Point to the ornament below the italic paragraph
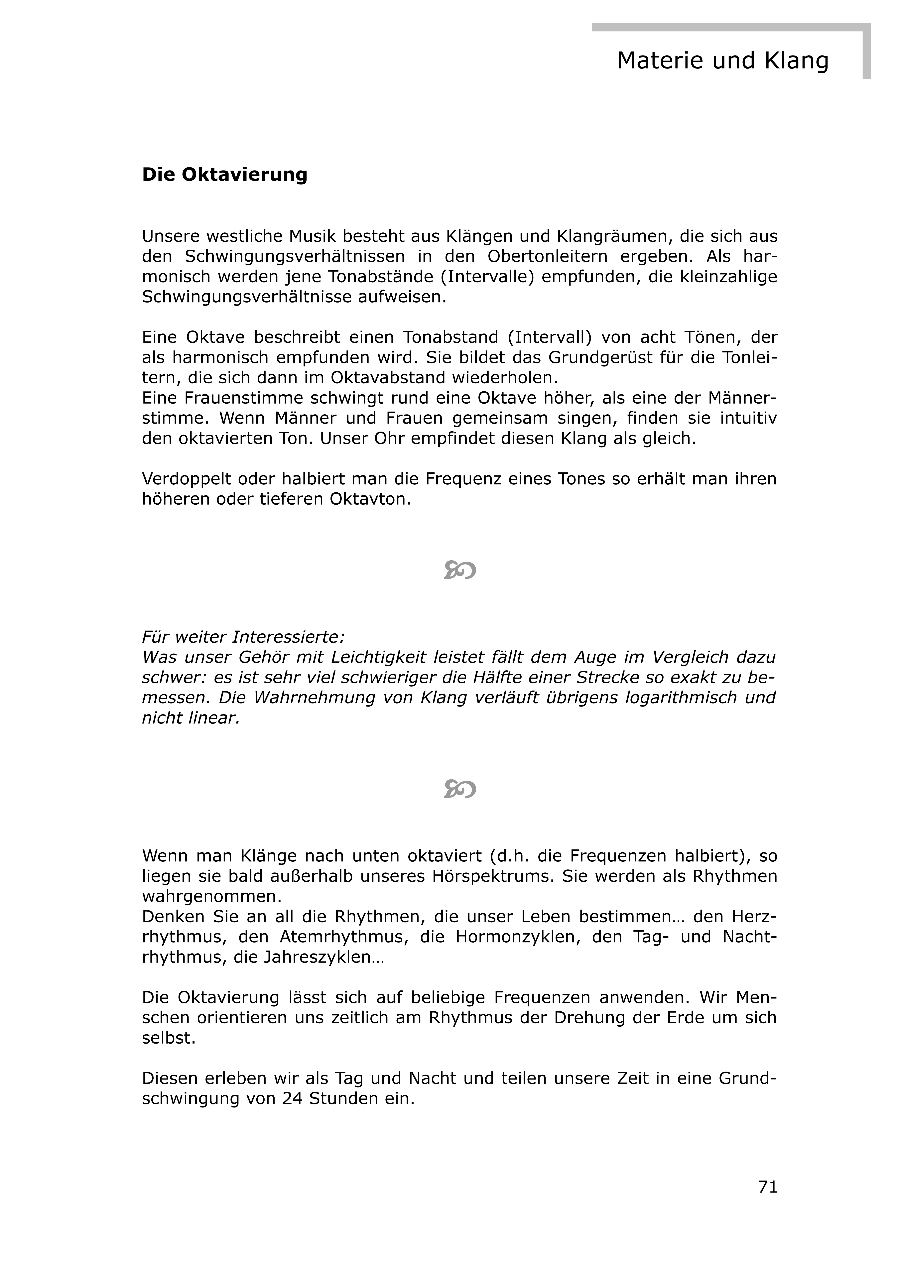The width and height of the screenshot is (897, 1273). [460, 788]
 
